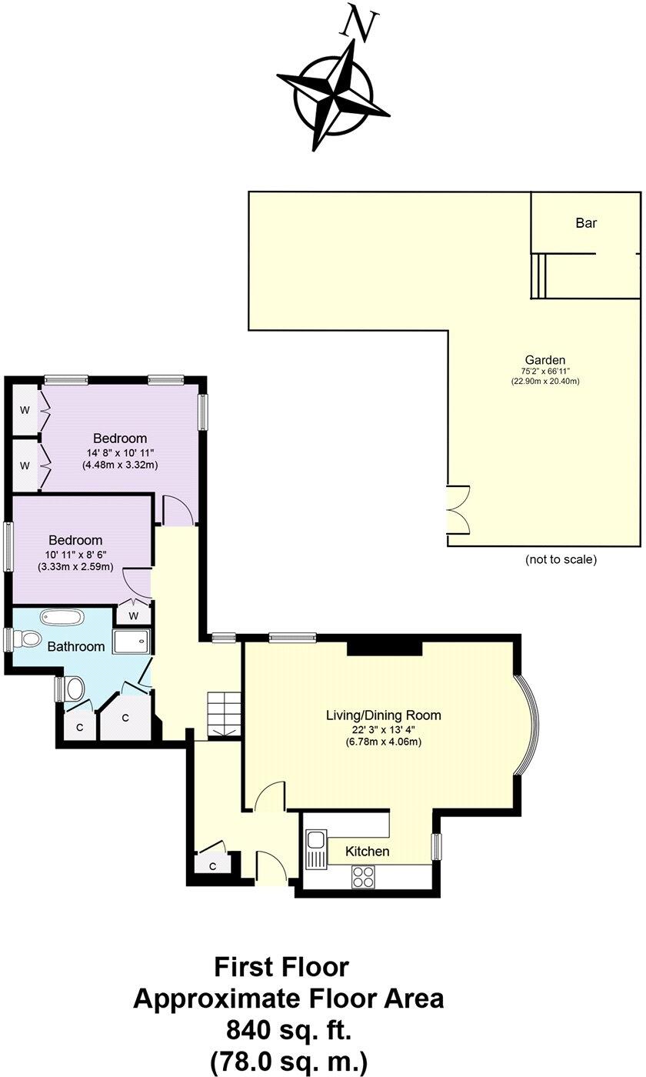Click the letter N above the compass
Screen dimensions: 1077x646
click(359, 24)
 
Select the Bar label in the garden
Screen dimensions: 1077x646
click(586, 223)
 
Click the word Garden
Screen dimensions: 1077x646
click(544, 359)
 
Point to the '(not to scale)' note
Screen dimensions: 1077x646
click(561, 559)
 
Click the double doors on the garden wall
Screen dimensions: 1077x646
click(458, 509)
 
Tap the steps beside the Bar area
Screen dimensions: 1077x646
click(538, 275)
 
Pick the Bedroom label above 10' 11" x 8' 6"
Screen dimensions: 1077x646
click(75, 540)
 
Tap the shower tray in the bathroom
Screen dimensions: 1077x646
click(132, 642)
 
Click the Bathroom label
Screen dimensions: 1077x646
click(75, 647)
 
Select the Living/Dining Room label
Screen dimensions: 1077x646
click(382, 715)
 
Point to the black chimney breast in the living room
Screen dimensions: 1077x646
click(384, 646)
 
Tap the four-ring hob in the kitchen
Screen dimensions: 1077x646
click(364, 875)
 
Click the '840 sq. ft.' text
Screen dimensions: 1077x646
click(288, 1029)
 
